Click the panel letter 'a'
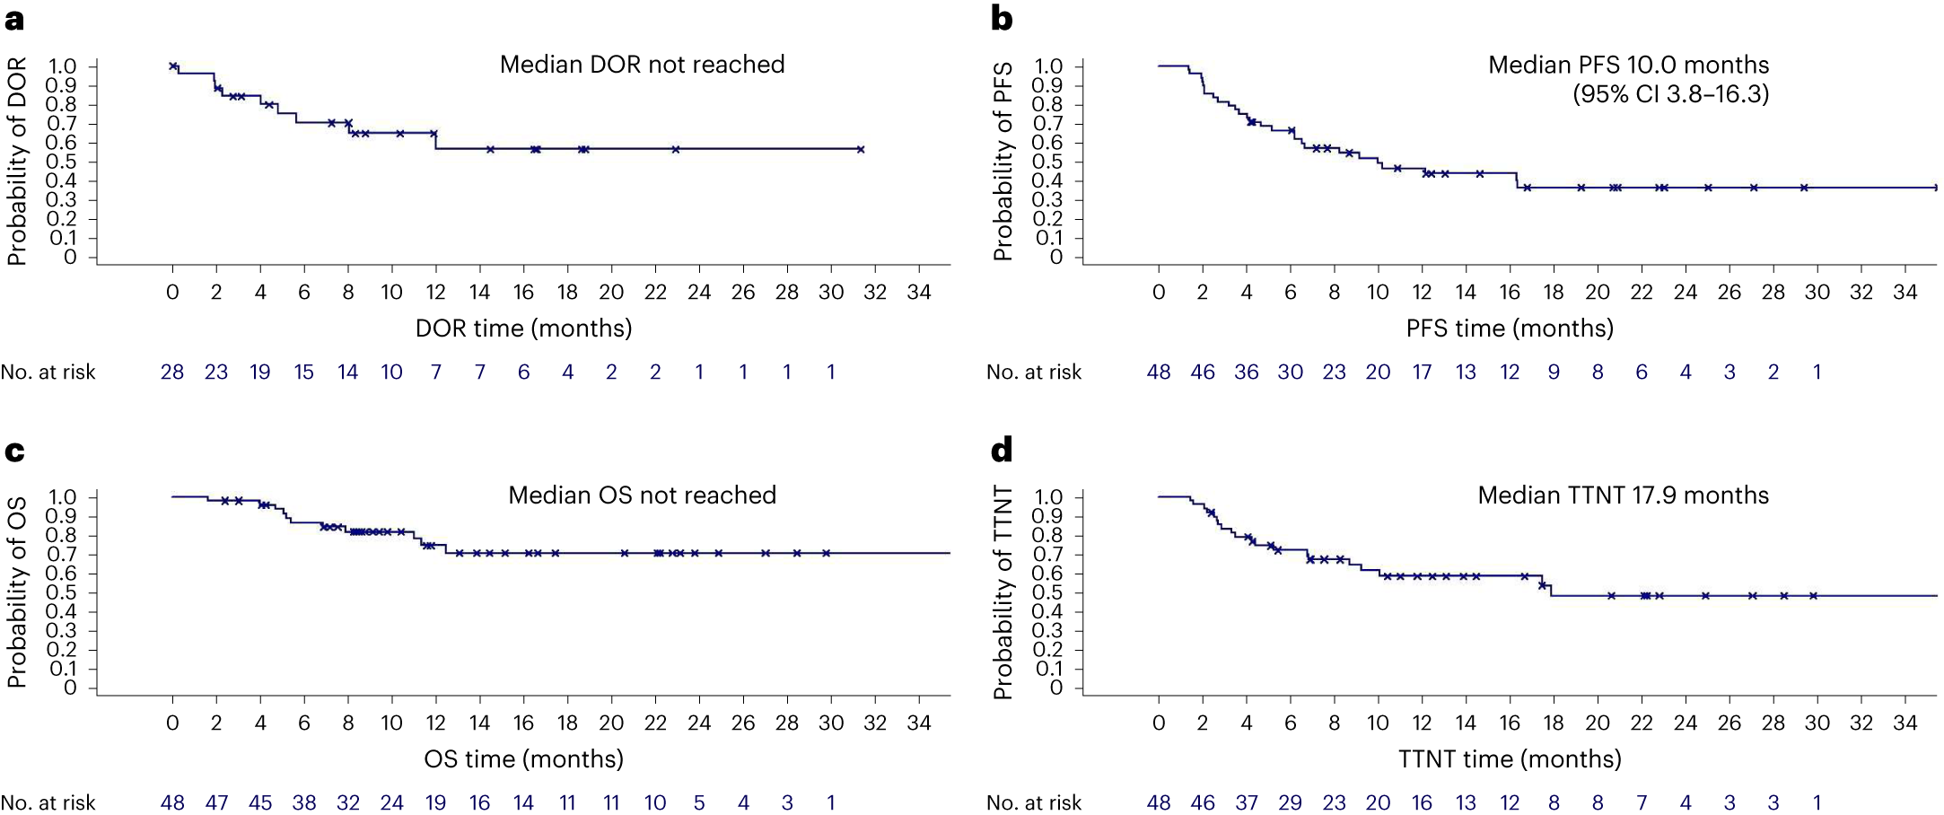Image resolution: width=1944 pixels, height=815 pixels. pos(14,20)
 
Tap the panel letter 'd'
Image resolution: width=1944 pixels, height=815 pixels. pos(1002,450)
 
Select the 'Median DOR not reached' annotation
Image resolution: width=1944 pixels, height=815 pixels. pos(642,65)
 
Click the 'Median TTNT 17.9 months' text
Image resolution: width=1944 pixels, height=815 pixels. pos(1623,495)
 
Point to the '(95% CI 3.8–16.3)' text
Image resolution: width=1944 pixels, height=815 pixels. pos(1670,94)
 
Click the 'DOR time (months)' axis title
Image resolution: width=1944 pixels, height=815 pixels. pos(523,329)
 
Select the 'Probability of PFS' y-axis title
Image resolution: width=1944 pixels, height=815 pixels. pos(1003,162)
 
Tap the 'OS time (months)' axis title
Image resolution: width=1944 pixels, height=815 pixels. pos(523,759)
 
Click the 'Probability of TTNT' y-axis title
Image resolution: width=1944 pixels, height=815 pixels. pos(1003,592)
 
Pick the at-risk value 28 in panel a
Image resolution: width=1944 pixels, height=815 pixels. pos(172,372)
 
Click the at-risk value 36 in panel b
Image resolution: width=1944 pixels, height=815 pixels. pos(1246,372)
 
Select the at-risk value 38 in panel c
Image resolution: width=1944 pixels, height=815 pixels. pos(304,802)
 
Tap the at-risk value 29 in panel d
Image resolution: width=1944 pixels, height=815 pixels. pos(1290,802)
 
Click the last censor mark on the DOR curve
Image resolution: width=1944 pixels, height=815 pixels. pos(860,150)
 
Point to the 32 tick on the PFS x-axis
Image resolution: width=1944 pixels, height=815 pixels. pos(1861,293)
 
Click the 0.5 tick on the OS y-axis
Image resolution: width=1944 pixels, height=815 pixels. pos(62,593)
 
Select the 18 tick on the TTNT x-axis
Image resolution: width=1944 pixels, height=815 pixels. pos(1553,723)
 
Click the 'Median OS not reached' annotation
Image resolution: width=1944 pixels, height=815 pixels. pos(642,495)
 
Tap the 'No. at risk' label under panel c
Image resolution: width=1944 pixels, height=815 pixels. pos(48,802)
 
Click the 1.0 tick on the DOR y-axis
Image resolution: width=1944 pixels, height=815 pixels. pos(62,66)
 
